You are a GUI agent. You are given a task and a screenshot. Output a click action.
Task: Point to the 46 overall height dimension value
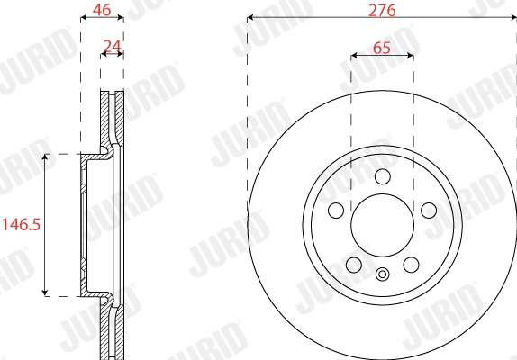102,11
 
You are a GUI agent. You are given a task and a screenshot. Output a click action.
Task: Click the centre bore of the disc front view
382,225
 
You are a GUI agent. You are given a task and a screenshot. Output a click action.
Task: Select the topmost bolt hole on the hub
382,175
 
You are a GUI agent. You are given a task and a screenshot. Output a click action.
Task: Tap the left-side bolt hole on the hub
336,211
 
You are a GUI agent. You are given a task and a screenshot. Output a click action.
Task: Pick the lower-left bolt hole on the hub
353,265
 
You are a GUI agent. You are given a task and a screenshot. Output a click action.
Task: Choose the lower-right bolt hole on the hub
411,265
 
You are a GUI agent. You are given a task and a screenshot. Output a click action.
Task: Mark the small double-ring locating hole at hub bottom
382,275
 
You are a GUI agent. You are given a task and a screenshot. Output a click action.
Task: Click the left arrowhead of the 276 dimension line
250,18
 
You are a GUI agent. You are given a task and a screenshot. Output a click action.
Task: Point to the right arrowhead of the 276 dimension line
512,18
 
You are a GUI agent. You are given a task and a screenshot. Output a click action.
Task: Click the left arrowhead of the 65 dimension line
354,56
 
